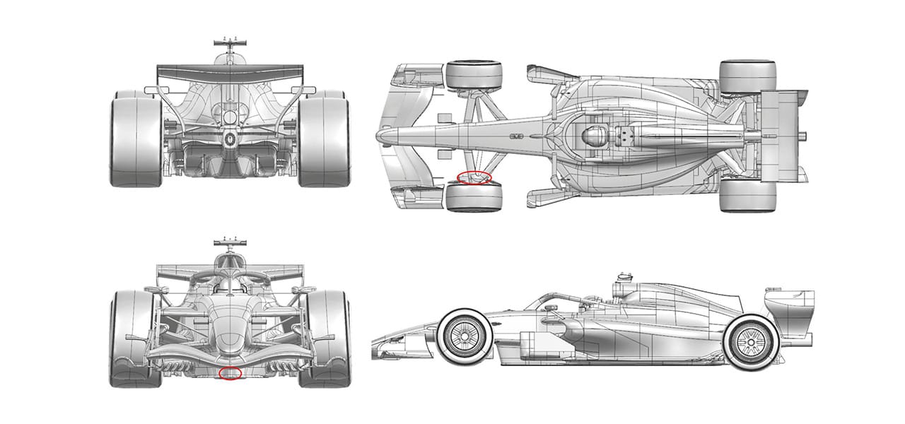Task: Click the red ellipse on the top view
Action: click(474, 177)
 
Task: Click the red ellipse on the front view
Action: click(230, 372)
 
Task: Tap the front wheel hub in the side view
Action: click(463, 338)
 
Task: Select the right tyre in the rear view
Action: click(324, 141)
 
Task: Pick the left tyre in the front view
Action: click(132, 338)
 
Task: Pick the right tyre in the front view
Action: click(325, 338)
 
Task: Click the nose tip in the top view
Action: click(382, 134)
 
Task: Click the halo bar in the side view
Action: click(559, 297)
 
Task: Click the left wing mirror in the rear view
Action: click(151, 90)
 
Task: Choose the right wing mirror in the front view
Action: click(306, 290)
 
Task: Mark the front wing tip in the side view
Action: click(378, 346)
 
